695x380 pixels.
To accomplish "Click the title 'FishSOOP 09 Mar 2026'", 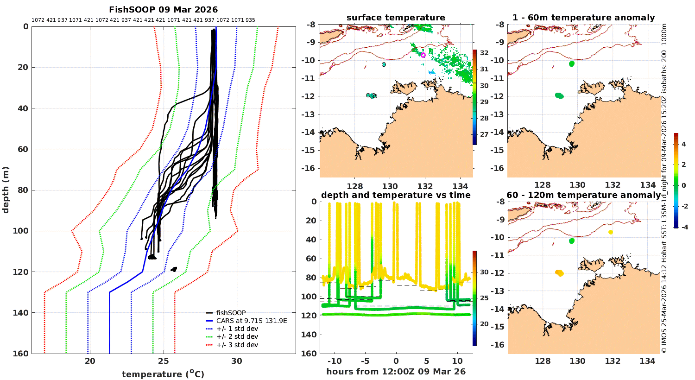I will point(163,10).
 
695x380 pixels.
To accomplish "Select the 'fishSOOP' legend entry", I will point(231,313).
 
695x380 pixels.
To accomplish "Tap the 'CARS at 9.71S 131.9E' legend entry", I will point(251,321).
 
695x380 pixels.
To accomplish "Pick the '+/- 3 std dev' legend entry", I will point(237,345).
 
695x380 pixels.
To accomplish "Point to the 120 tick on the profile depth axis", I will point(22,272).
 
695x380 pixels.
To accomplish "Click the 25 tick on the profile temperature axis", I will point(163,361).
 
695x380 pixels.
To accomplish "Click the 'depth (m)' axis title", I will point(6,190).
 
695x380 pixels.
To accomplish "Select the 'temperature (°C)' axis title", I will point(163,374).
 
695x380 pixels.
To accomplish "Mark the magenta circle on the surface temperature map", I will point(423,55).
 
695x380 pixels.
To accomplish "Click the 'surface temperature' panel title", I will point(396,18).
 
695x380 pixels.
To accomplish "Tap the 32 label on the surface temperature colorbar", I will point(484,53).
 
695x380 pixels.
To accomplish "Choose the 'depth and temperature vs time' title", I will point(396,195).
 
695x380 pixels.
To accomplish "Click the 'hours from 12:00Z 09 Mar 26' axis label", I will point(396,372).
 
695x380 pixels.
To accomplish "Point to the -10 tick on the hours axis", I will point(335,361).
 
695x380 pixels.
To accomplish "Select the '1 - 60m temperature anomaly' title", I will point(583,18).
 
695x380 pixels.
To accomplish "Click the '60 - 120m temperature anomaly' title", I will point(583,195).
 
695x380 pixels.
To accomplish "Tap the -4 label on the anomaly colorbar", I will point(683,227).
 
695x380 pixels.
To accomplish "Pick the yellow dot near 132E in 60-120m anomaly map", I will point(611,232).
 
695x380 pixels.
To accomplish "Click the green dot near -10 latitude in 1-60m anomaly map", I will point(571,63).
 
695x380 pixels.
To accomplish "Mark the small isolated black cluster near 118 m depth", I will point(174,269).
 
